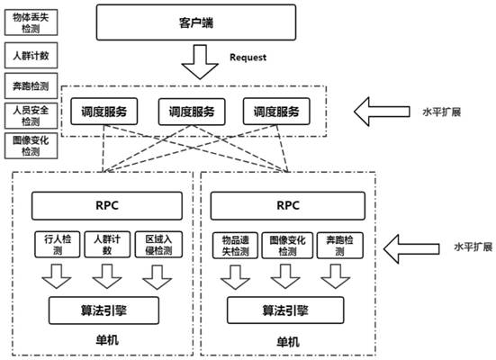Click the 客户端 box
click(196, 22)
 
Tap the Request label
click(248, 58)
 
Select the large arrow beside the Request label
click(200, 62)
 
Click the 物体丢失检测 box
click(31, 22)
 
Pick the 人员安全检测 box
click(31, 116)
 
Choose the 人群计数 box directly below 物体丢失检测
click(31, 56)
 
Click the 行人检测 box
click(58, 245)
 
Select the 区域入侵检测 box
click(158, 245)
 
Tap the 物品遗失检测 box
click(235, 246)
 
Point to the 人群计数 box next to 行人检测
click(107, 245)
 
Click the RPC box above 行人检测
click(107, 205)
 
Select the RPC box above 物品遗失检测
click(288, 205)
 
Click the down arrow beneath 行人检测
click(57, 276)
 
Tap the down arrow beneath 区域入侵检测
click(158, 277)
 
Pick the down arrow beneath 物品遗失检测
click(235, 277)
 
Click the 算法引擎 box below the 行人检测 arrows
click(104, 310)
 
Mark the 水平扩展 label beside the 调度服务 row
click(442, 112)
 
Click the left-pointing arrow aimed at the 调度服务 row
click(382, 112)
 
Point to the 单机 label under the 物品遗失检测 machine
click(288, 342)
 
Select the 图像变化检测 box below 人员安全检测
click(31, 146)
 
